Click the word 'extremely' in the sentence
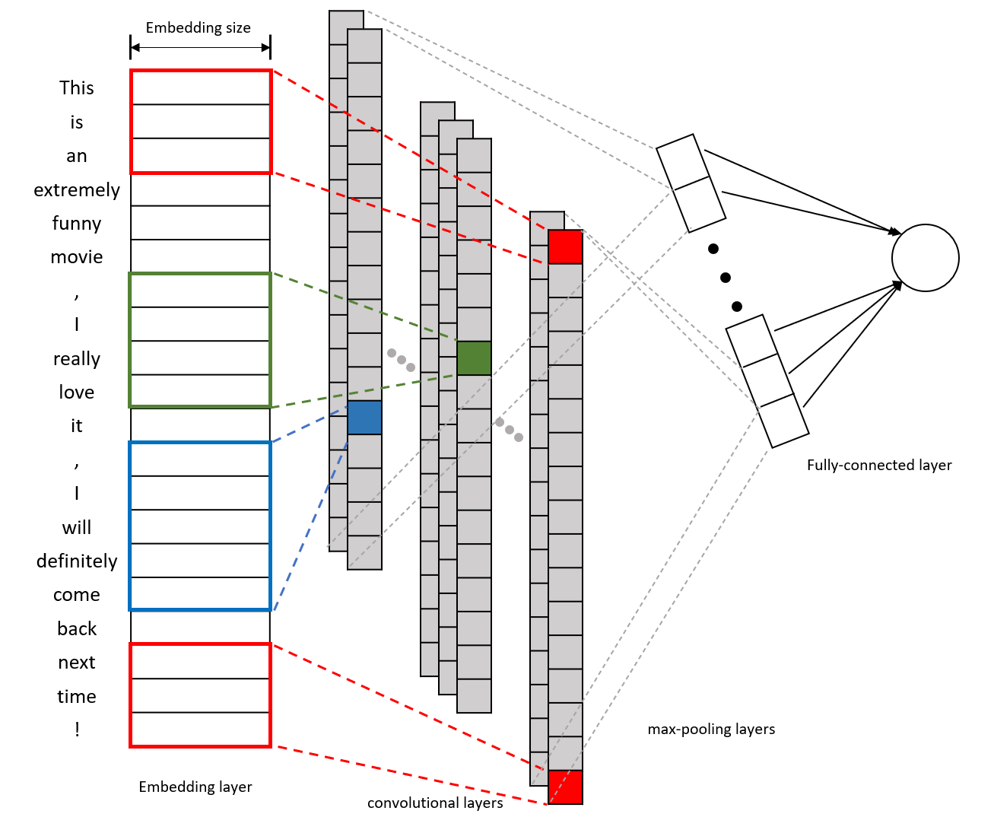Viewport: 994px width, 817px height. tap(77, 189)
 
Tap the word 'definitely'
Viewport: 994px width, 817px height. tap(77, 561)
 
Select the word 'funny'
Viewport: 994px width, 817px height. tap(77, 223)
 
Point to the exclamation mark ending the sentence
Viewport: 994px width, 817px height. tap(77, 729)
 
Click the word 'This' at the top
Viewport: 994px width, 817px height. tap(77, 87)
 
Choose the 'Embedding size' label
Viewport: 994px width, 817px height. tap(198, 27)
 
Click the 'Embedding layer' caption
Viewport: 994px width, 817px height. tap(195, 787)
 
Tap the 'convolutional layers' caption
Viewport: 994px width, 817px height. tap(435, 803)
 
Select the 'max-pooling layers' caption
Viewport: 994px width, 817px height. tap(711, 729)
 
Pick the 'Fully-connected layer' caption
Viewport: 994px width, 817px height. tap(879, 465)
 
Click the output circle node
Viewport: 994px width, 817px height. tap(925, 258)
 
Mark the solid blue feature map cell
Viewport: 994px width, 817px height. tap(364, 418)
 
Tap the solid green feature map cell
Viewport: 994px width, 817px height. tap(474, 358)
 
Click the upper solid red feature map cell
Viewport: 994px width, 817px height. tap(565, 247)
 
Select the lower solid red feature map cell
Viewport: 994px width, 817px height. tap(565, 787)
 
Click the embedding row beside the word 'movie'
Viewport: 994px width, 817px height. tap(200, 256)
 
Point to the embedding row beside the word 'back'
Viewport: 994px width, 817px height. tap(200, 627)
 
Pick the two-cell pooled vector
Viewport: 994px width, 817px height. tap(691, 183)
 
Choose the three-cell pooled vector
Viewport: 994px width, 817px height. tap(767, 381)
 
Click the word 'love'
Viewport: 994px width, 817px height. tap(77, 392)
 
